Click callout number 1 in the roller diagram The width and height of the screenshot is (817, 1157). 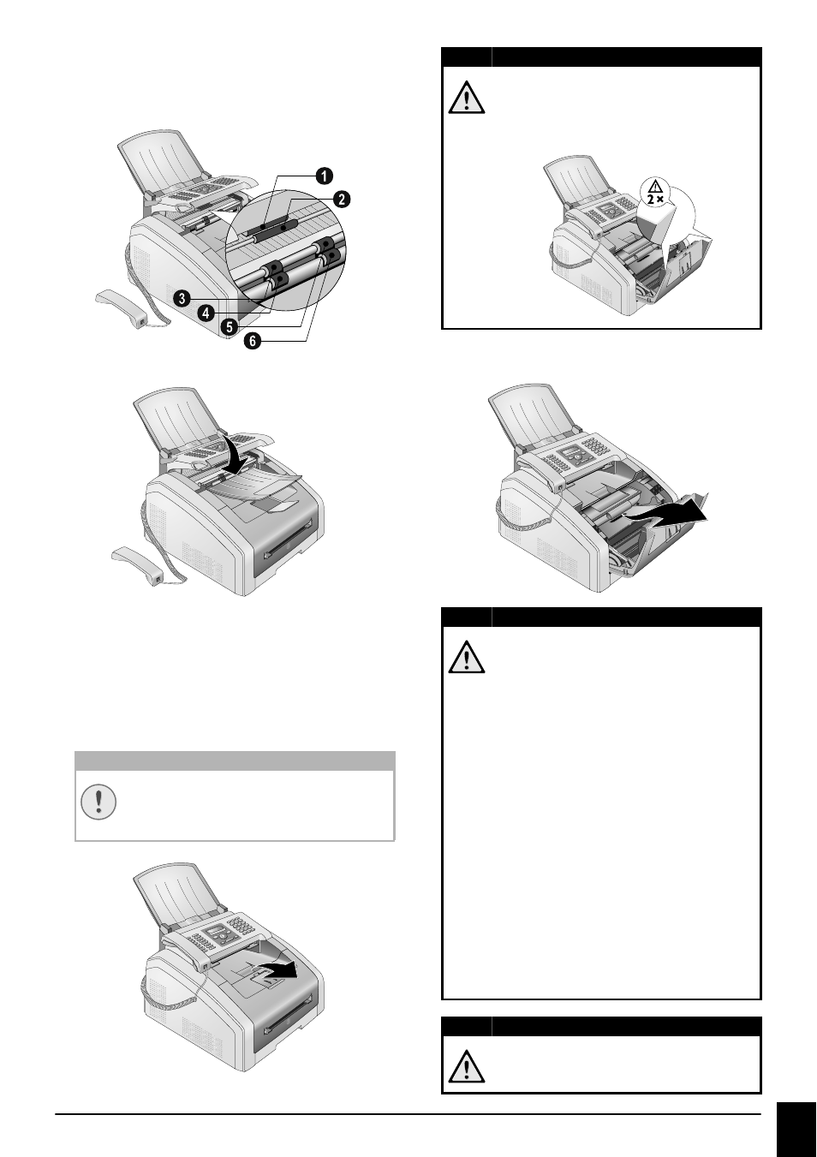tap(324, 176)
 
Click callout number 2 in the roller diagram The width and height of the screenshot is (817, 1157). tap(342, 199)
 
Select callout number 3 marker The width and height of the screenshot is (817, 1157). tap(182, 299)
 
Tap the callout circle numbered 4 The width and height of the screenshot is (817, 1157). tap(206, 313)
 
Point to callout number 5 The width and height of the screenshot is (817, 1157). tap(230, 326)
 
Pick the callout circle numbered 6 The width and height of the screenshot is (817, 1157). tap(253, 341)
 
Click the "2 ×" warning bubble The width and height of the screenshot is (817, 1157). tap(656, 192)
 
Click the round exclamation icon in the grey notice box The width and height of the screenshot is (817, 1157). tap(98, 802)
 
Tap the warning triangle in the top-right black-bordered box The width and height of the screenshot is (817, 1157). tap(467, 97)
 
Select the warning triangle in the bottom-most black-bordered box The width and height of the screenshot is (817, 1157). tap(467, 1066)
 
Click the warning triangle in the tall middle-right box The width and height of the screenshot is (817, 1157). tap(467, 657)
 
